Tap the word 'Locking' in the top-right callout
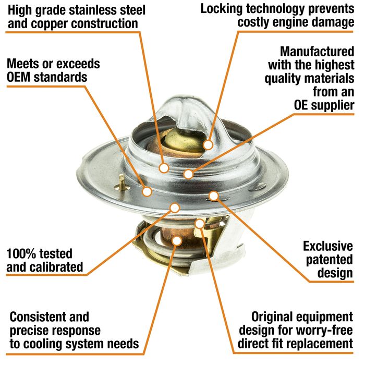(x=222, y=9)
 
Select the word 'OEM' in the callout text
(x=19, y=77)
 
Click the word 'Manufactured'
(x=317, y=52)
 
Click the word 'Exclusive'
(x=328, y=246)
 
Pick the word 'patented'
(x=330, y=260)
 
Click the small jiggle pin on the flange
(x=122, y=182)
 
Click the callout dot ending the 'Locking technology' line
(x=208, y=145)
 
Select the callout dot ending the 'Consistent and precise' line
(x=177, y=241)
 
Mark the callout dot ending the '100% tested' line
(x=175, y=208)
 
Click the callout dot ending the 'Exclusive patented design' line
(x=213, y=196)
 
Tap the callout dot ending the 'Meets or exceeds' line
(x=147, y=191)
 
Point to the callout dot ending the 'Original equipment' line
(x=200, y=224)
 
